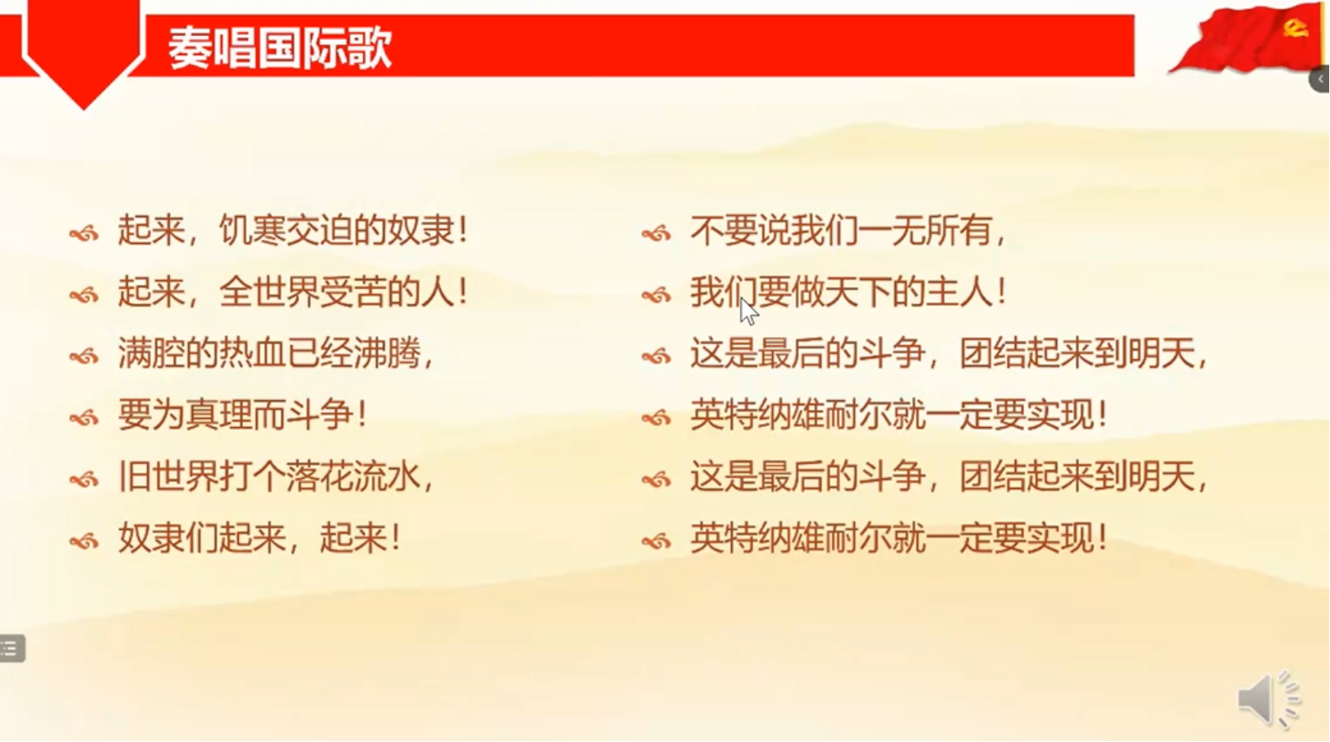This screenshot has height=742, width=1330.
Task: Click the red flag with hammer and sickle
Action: [x=1247, y=38]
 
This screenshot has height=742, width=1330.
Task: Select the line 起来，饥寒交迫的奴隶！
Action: [x=293, y=231]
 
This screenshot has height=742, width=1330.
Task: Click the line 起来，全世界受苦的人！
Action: [x=293, y=292]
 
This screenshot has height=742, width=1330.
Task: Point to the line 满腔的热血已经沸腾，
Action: [x=276, y=353]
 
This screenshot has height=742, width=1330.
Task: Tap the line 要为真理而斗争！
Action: [x=243, y=415]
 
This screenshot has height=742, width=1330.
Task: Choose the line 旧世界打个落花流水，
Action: [x=276, y=476]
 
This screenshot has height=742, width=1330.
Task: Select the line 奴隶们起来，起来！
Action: [x=259, y=538]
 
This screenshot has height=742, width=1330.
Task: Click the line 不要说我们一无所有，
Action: [x=848, y=231]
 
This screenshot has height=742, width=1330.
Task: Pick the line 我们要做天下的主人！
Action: [x=848, y=292]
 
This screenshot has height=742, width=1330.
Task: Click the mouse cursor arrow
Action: [x=748, y=311]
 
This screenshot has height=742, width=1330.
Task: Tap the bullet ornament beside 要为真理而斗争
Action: [x=83, y=418]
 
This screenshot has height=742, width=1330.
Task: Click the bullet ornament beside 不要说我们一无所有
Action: [x=656, y=234]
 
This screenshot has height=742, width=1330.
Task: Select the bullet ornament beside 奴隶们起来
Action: [x=83, y=541]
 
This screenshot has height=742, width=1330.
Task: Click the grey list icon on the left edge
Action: [x=11, y=649]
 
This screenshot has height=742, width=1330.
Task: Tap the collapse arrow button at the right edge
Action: [x=1320, y=79]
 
